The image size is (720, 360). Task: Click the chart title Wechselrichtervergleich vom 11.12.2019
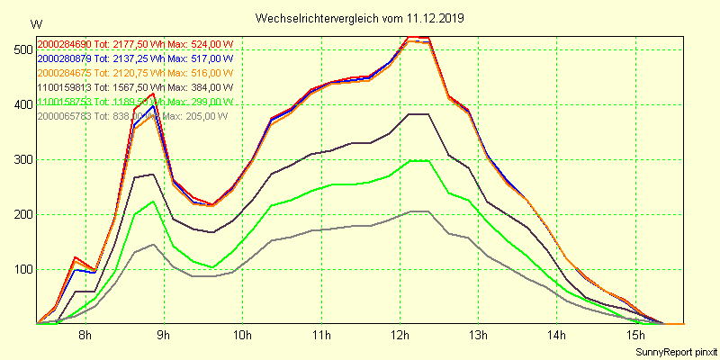(x=360, y=18)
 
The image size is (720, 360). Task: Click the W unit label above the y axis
(x=35, y=24)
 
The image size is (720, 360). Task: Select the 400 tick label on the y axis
(x=22, y=103)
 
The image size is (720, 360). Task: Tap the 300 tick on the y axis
(x=22, y=159)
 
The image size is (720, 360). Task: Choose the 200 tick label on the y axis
(x=22, y=214)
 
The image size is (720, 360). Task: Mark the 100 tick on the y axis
(x=22, y=269)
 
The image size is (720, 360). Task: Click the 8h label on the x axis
(x=85, y=336)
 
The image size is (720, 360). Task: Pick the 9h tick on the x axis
(x=163, y=336)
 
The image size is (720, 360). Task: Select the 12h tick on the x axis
(x=400, y=336)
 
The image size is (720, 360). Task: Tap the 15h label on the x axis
(x=635, y=336)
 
